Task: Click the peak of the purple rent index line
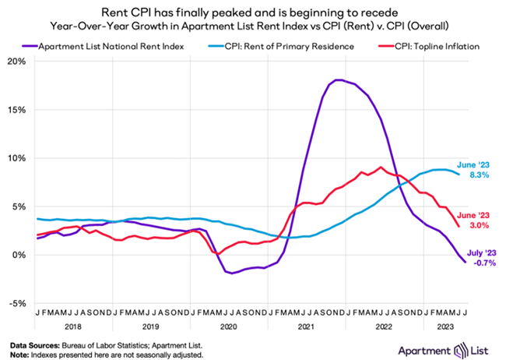pyautogui.click(x=338, y=79)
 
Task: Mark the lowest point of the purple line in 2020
pyautogui.click(x=228, y=273)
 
